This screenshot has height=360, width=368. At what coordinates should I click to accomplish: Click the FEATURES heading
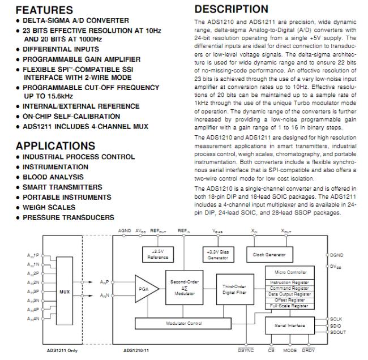pyautogui.click(x=44, y=10)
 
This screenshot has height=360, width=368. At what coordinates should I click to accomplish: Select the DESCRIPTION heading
pyautogui.click(x=231, y=9)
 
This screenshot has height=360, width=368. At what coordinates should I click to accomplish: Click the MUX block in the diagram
pyautogui.click(x=65, y=293)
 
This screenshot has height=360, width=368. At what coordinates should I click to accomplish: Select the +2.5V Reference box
pyautogui.click(x=157, y=254)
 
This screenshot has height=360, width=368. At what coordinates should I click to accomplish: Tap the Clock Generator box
pyautogui.click(x=269, y=255)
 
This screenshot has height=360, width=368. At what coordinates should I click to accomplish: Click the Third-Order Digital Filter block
pyautogui.click(x=234, y=289)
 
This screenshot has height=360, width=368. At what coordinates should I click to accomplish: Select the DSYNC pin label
pyautogui.click(x=246, y=351)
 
